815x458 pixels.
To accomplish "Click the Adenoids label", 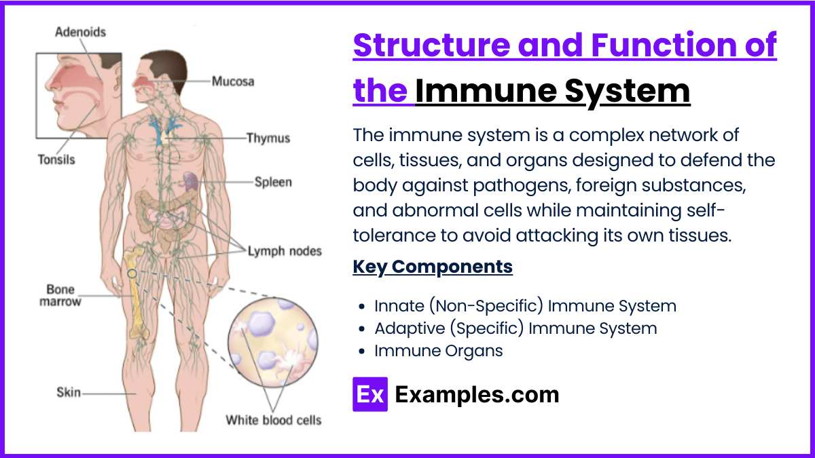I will coord(80,32).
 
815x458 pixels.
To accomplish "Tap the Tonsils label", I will coord(56,160).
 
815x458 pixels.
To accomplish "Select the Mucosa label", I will coord(233,81).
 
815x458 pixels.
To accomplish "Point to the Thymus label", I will coord(268,138).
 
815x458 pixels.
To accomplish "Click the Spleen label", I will coord(273,182).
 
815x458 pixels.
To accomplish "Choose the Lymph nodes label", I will coord(284,250).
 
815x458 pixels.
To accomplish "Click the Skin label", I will coord(69,392).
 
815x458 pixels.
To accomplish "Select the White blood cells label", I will coord(274,420).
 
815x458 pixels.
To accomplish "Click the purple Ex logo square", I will coord(369,394).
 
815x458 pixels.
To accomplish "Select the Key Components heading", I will coord(433,267).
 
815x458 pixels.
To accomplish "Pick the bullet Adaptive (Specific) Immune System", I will coord(515,328).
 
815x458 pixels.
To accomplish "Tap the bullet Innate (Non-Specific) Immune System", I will coord(525,306).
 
